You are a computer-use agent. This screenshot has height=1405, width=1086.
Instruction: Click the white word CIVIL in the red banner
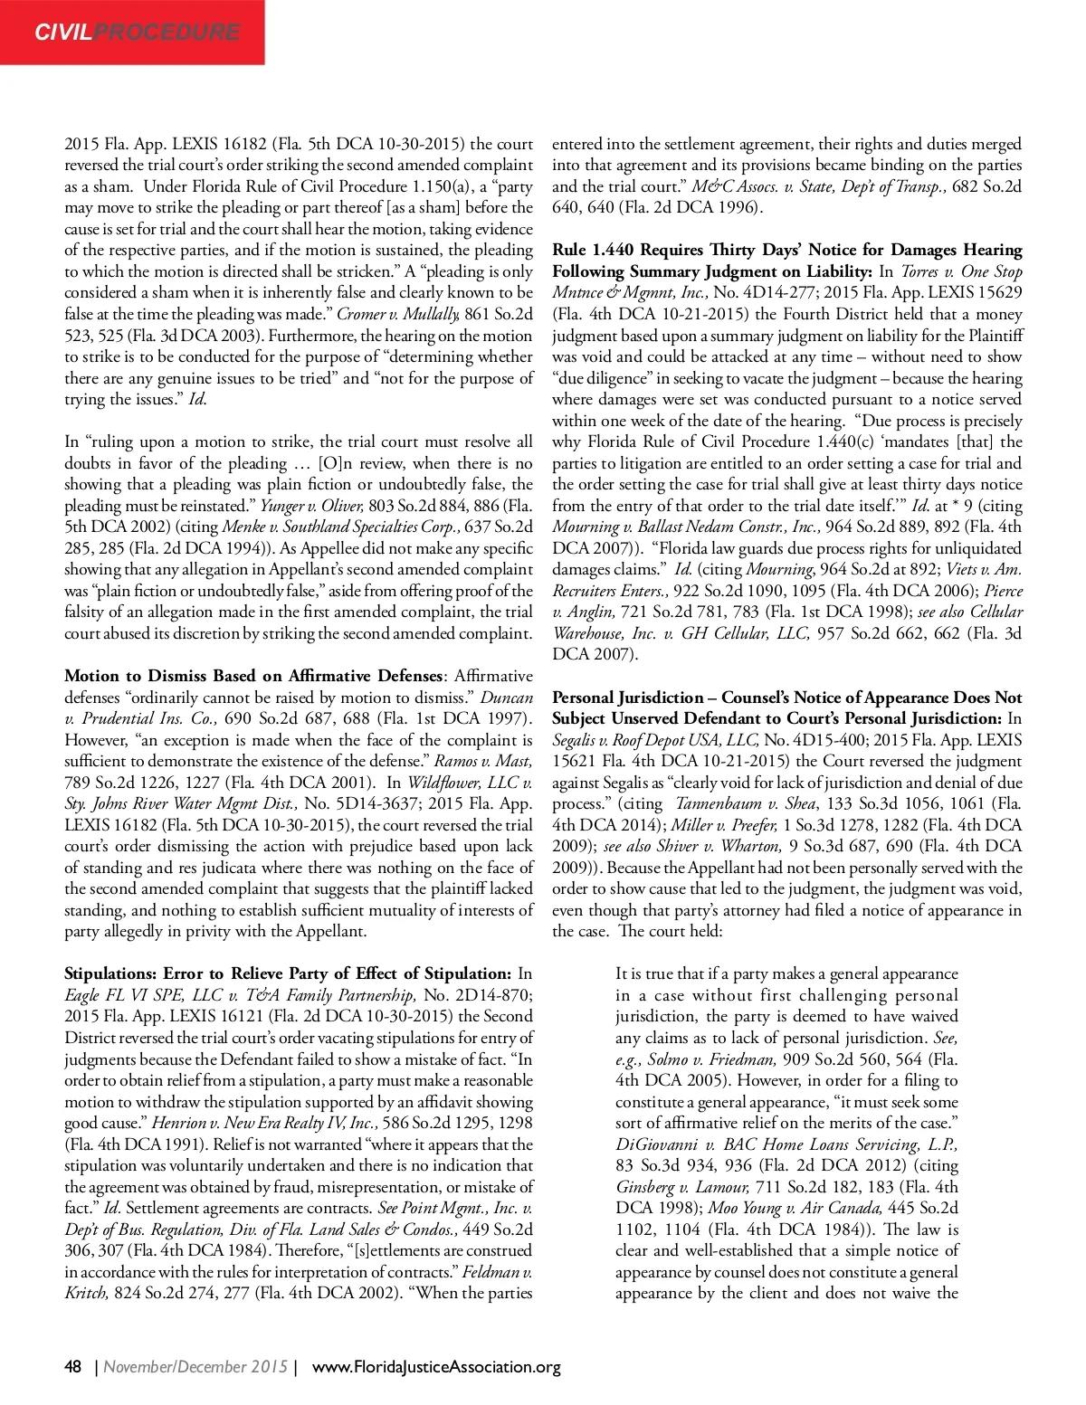(x=63, y=33)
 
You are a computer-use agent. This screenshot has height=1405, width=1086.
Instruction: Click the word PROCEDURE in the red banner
(x=167, y=33)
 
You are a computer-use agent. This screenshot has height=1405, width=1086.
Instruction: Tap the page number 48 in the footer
(x=73, y=1366)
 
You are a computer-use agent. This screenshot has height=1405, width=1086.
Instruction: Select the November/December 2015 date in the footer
(x=195, y=1366)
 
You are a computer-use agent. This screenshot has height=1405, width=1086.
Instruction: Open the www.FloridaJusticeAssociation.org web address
(x=436, y=1366)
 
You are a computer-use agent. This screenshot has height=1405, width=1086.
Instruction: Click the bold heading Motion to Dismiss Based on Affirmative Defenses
(x=254, y=676)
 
